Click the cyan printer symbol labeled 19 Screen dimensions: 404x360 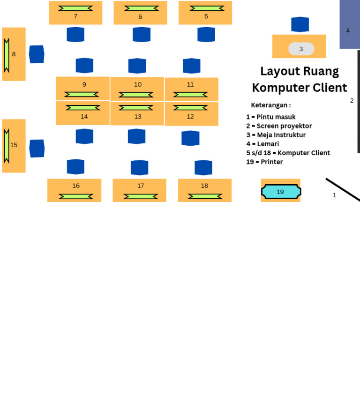281,191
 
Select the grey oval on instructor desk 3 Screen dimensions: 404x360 301,49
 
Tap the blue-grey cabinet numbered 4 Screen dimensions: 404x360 349,24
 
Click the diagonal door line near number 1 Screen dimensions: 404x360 343,189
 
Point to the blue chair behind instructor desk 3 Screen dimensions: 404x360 300,24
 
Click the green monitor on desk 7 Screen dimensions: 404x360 75,8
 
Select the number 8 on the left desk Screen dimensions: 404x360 14,54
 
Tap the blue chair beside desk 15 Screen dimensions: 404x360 37,149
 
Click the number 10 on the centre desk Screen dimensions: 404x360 137,84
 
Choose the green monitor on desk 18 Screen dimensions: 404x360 205,196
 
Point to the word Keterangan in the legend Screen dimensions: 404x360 270,105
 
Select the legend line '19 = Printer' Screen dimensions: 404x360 264,162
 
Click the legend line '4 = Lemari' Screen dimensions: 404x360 262,144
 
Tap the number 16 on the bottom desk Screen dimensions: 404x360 76,186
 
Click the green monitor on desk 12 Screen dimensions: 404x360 190,108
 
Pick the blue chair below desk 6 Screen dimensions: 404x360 142,34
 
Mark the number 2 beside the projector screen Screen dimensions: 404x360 352,100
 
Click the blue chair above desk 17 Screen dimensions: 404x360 139,167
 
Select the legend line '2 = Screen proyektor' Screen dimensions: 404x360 279,126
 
